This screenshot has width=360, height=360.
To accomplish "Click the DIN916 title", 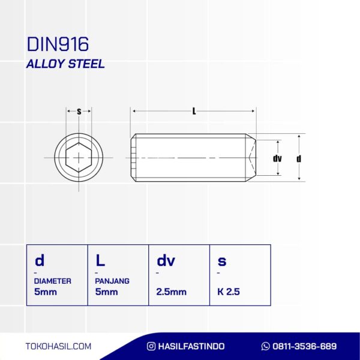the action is pos(58,44).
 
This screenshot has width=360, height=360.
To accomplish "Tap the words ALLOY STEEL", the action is pos(65,64).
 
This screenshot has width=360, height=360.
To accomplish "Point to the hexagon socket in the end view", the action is pos(79,157).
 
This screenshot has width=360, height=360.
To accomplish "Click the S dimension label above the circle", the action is pos(79,112).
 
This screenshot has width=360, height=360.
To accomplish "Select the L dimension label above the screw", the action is pos(194,112).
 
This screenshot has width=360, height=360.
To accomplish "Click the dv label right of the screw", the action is pos(277,158).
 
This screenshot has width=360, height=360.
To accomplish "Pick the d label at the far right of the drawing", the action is pos(299,158).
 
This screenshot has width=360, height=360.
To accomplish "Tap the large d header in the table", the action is pos(40,260).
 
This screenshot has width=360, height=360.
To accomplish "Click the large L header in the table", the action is pos(100,260).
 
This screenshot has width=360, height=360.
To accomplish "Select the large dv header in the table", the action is pos(166,260).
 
